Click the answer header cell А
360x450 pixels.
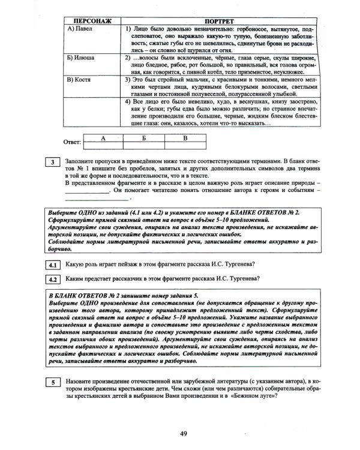tap(103, 138)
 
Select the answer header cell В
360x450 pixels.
tap(184, 138)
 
